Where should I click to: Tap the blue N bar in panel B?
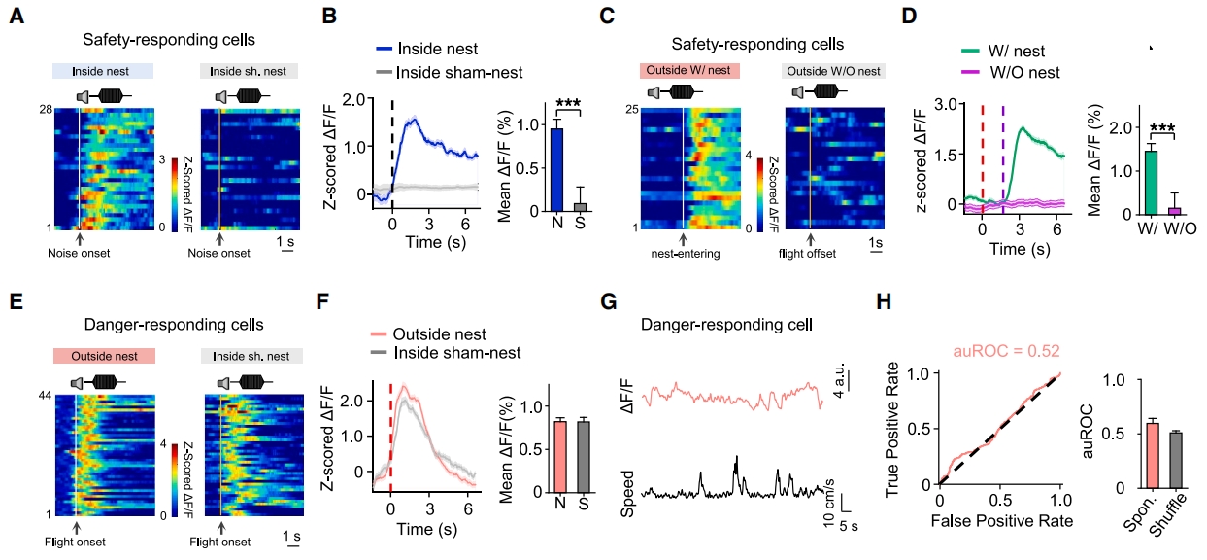(556, 170)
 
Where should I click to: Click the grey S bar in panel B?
(580, 206)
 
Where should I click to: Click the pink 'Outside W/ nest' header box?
(689, 70)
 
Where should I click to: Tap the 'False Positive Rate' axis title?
(1001, 521)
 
